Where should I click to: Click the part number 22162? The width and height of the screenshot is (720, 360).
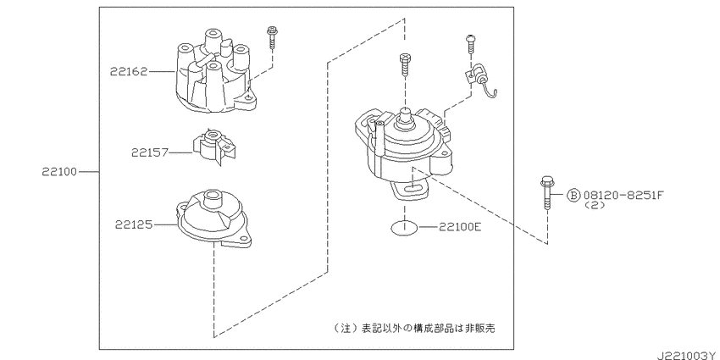129,72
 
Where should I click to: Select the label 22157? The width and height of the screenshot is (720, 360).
150,152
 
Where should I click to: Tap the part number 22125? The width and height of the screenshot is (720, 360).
135,225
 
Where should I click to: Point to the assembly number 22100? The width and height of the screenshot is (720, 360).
59,172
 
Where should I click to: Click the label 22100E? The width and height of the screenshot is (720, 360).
460,226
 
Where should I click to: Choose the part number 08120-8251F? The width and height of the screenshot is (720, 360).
623,195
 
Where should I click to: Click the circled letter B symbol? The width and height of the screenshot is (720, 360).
573,196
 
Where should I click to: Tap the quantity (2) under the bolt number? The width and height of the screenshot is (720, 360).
595,205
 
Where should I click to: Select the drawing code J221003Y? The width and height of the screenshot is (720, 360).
688,356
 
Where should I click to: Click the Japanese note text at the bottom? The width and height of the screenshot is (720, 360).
415,329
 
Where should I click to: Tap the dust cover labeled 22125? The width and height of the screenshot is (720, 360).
214,217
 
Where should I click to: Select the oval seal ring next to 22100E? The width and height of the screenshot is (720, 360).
405,227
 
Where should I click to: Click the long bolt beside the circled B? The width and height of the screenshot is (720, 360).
546,193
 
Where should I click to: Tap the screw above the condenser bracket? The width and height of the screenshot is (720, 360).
470,45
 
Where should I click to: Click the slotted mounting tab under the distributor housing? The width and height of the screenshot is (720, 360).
412,190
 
